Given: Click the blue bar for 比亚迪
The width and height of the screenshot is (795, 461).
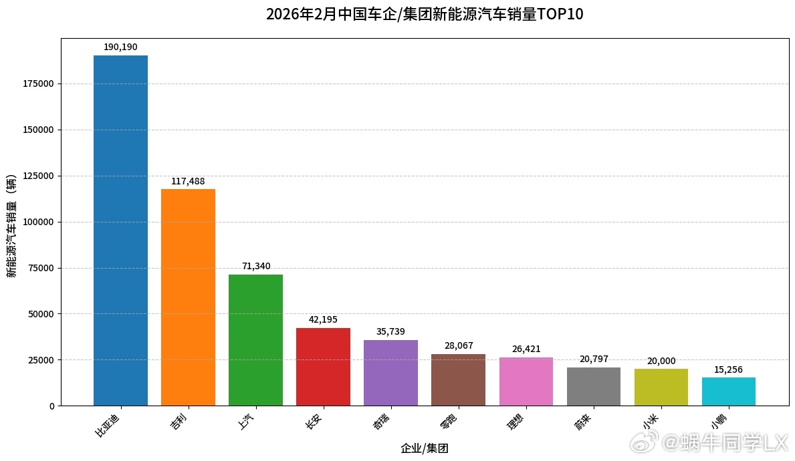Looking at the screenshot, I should [120, 230].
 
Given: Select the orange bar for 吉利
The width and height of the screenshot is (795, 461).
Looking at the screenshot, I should [188, 297].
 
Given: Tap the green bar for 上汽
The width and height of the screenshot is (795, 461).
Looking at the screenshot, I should [255, 340].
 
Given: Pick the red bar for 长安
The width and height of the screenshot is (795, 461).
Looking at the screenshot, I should [323, 367].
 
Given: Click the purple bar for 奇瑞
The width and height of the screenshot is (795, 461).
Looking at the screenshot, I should [390, 373].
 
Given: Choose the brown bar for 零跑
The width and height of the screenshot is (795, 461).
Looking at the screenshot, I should [458, 379].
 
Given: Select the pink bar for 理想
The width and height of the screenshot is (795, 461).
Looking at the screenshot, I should [526, 381].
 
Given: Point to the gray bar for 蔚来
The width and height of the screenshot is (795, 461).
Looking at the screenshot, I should [593, 387].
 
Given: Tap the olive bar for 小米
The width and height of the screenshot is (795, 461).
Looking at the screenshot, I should [661, 388].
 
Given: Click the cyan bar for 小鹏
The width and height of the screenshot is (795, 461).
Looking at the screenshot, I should [728, 392].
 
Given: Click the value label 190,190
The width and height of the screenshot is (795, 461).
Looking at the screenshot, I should [120, 47].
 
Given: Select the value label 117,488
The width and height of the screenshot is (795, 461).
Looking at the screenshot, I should [188, 181].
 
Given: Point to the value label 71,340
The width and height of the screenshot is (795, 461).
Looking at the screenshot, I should [256, 266].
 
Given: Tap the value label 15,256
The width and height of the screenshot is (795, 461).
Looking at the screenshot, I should [728, 369].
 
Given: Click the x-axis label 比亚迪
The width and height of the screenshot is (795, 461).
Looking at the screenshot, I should [110, 424].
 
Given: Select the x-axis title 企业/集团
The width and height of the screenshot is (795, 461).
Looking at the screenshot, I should [424, 448].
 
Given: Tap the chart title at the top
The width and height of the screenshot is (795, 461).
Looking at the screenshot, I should [425, 14].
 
